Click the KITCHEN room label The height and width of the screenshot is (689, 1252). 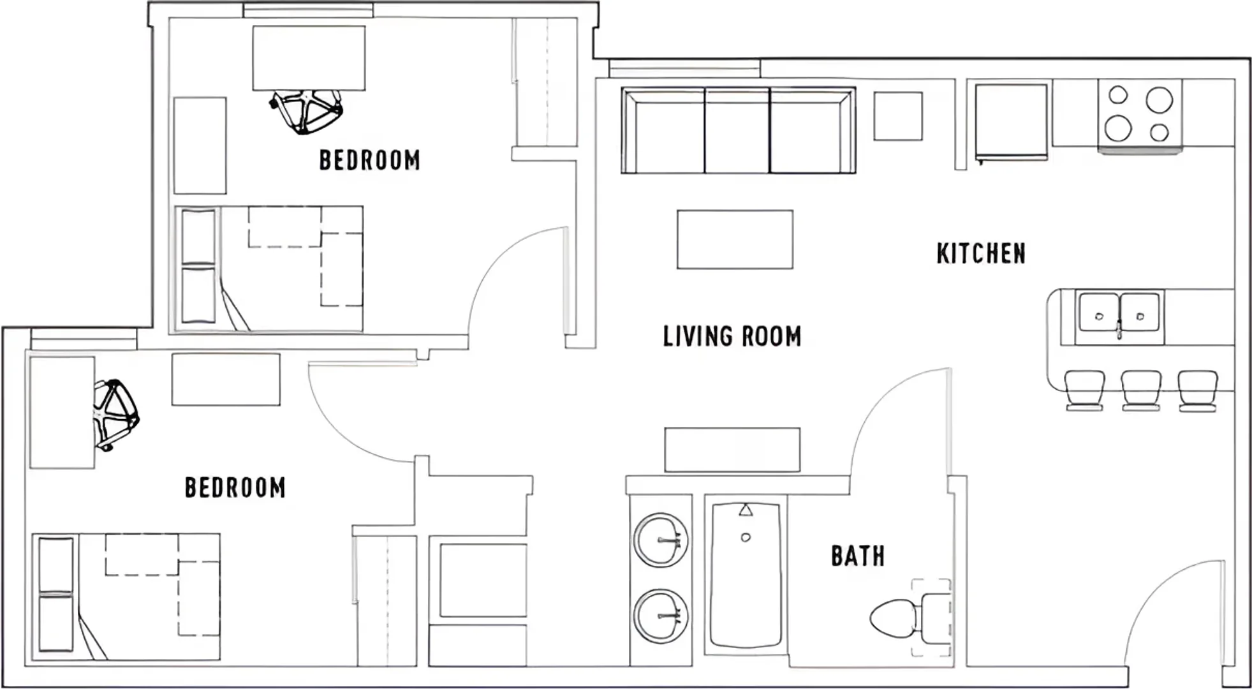pos(981,253)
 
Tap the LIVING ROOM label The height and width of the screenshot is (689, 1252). pos(732,336)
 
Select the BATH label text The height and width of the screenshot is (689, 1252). pos(858,556)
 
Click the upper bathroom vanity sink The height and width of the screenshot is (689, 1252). pos(661,540)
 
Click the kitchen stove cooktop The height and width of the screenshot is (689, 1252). pos(1140,114)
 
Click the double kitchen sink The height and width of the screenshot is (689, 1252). pos(1119,316)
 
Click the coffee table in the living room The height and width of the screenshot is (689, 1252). pos(735,239)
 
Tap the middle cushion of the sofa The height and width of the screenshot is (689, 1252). pos(737,131)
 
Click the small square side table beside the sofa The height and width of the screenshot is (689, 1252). pos(898,116)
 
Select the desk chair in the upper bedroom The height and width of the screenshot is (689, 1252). pos(306,112)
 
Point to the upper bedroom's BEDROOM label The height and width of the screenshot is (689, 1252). pos(369,160)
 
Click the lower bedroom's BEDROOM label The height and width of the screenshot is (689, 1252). pos(235,488)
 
